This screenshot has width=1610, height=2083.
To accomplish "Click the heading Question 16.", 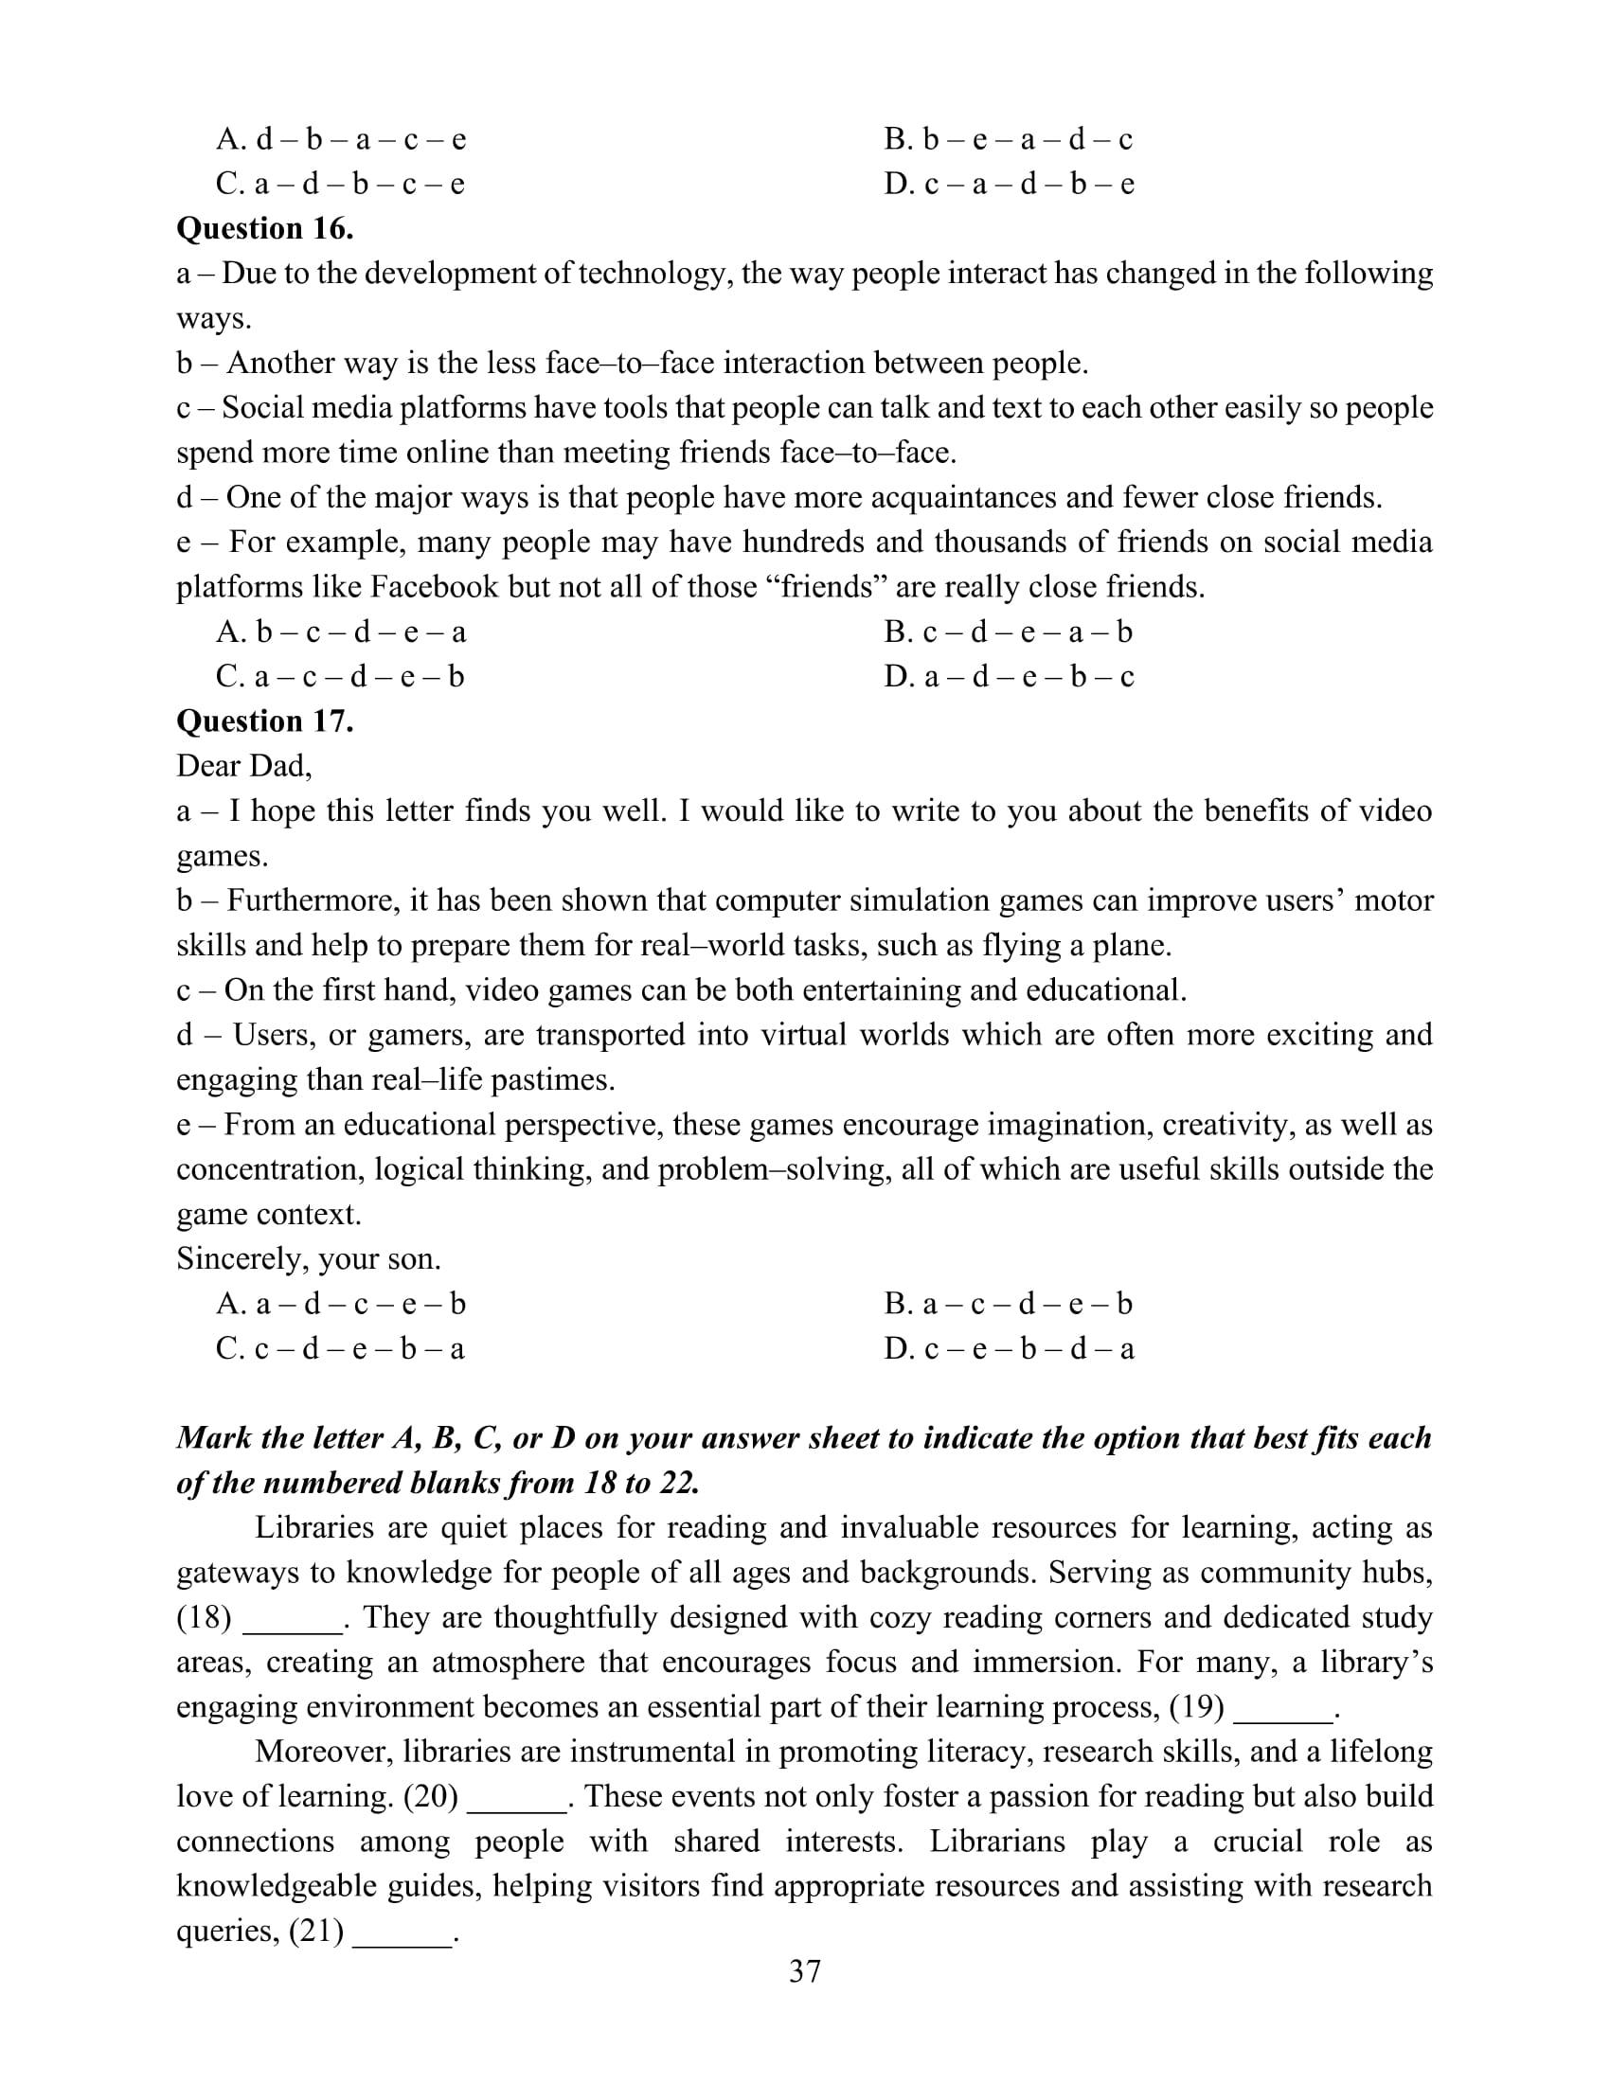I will (x=265, y=229).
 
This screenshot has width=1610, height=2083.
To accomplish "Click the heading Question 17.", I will (x=265, y=721).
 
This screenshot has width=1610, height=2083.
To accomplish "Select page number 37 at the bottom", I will (x=805, y=1970).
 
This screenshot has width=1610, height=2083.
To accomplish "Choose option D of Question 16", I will (x=1009, y=677).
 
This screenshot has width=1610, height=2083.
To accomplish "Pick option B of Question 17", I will (x=1009, y=1304).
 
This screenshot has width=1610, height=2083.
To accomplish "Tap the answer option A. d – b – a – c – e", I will (x=341, y=140).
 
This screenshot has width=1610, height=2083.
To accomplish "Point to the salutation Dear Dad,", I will (x=244, y=766).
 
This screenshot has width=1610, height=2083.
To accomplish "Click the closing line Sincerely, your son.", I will (x=308, y=1259).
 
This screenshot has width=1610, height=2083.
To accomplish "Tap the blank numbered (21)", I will (x=402, y=1932).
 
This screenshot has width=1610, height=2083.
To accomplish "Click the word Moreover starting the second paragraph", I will (x=320, y=1752).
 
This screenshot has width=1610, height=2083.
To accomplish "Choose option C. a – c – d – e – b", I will (x=340, y=677).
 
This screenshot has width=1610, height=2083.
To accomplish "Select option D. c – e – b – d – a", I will (x=1009, y=1348).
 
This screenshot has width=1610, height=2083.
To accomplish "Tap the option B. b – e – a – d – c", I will (x=1009, y=140).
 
